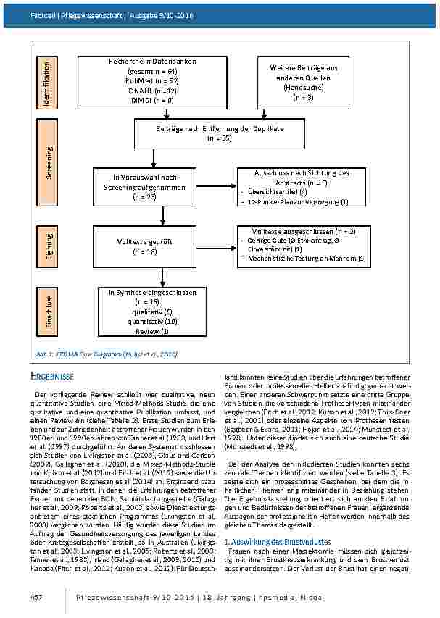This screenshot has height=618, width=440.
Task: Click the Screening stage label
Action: [x=49, y=163]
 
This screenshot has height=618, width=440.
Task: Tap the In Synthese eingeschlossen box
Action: [x=152, y=312]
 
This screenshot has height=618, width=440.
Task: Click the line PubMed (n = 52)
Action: [x=152, y=81]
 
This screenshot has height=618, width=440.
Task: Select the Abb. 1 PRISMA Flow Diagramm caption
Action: [x=107, y=354]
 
